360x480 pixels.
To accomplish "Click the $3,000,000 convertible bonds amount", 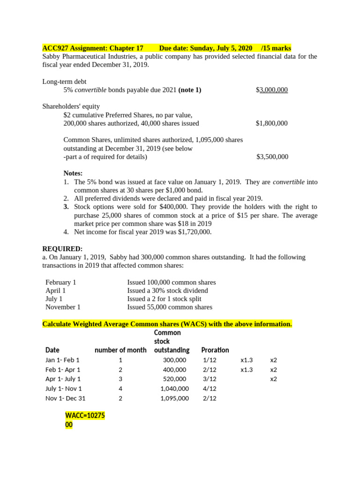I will pos(272,90).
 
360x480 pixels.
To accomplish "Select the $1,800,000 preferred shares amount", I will pos(271,123).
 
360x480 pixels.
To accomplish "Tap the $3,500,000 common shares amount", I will pos(272,157).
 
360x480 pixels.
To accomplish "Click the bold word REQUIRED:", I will pos(62,248).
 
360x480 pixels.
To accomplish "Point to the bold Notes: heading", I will pos(73,173).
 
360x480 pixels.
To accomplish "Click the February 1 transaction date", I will pos(60,282).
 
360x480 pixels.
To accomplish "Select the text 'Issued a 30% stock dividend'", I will pos(167,291).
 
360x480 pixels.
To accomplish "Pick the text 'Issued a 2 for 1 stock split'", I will pos(167,299).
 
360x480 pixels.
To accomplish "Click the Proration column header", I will pos(215,350).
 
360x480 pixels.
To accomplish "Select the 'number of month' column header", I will pos(120,350).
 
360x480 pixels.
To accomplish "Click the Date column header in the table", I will pos(52,350).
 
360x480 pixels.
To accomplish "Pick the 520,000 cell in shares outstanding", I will pos(174,379).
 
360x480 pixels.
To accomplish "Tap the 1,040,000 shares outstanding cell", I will pos(174,389).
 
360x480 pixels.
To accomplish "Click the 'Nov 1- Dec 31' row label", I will pos(66,398).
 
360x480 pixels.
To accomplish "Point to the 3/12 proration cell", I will pos(210,379).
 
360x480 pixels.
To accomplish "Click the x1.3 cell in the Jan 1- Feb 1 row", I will pos(246,360).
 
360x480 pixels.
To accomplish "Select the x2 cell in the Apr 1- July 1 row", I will pos(273,379).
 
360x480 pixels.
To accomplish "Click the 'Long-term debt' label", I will pos(64,82).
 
